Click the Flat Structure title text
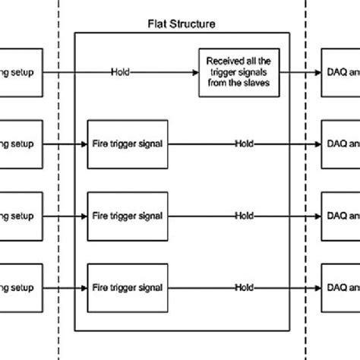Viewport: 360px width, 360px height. [x=181, y=24]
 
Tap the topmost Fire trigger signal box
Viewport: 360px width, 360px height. [x=125, y=144]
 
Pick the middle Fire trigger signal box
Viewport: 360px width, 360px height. [x=125, y=216]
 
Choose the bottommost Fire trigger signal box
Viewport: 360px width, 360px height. [x=125, y=288]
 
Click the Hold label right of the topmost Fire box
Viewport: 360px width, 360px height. [x=244, y=144]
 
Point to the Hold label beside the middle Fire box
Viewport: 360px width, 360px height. [x=244, y=216]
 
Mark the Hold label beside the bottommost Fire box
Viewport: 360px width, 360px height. [x=244, y=288]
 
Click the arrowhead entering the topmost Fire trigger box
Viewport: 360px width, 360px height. [x=84, y=144]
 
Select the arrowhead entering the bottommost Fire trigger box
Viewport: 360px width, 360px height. [x=84, y=288]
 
